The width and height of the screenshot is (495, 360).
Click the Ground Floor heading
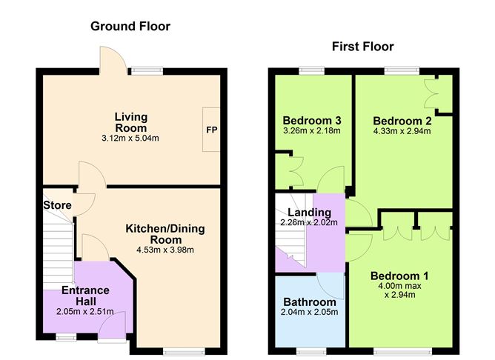pyautogui.click(x=130, y=27)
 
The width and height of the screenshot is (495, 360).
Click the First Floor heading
pyautogui.click(x=363, y=47)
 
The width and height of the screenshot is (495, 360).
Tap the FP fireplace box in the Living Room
pyautogui.click(x=212, y=129)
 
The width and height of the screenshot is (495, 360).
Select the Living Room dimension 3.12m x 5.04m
pyautogui.click(x=131, y=137)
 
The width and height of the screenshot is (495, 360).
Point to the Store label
pyautogui.click(x=56, y=205)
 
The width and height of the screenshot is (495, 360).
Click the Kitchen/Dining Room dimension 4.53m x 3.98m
pyautogui.click(x=165, y=250)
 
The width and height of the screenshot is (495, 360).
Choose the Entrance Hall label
pyautogui.click(x=85, y=296)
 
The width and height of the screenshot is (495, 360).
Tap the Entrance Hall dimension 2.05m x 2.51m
pyautogui.click(x=85, y=312)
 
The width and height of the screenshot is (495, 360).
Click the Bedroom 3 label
pyautogui.click(x=312, y=121)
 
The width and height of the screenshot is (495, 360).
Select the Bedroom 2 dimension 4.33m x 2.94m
pyautogui.click(x=402, y=131)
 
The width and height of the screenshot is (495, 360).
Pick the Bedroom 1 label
pyautogui.click(x=399, y=276)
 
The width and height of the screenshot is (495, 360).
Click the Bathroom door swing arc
pyautogui.click(x=327, y=281)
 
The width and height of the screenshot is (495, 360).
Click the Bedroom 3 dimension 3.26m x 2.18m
pyautogui.click(x=312, y=131)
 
